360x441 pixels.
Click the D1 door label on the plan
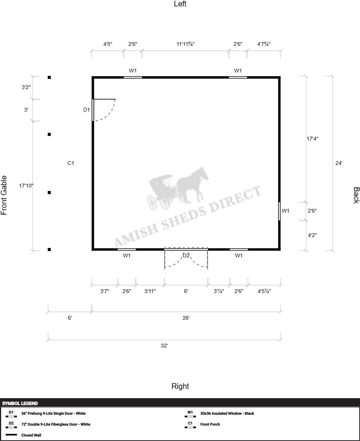pos(86,110)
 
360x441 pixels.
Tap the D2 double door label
pos(186,255)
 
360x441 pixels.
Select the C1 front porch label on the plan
pos(71,163)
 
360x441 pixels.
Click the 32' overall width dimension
pos(164,346)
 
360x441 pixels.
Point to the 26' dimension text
pos(186,318)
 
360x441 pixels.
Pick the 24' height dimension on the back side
pos(339,163)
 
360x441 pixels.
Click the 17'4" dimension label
pos(312,139)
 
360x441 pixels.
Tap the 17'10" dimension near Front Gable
pos(26,186)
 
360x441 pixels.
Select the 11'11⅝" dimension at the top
pos(185,44)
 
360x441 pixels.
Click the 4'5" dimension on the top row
pos(108,44)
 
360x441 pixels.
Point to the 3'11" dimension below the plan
pos(150,291)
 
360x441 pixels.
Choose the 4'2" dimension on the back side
pos(312,235)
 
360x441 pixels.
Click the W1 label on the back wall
pos(285,211)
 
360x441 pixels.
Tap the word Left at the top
pos(180,4)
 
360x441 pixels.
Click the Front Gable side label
pos(4,195)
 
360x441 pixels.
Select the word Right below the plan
pos(180,386)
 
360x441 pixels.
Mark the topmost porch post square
pos(49,77)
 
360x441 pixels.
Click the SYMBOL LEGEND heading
pos(20,403)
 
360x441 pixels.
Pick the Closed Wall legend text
pos(31,435)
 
